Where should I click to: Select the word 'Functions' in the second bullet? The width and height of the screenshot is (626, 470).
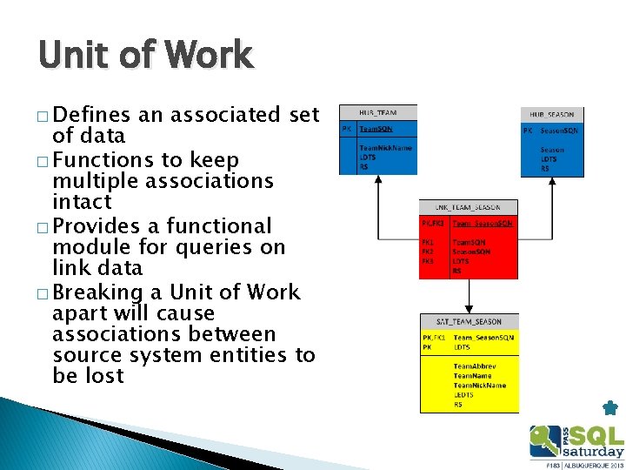click(x=103, y=160)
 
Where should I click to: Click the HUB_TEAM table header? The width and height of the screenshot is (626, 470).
click(x=378, y=112)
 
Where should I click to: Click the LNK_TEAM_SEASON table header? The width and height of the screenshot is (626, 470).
click(x=469, y=207)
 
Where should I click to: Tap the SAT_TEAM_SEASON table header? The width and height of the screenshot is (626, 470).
click(x=469, y=322)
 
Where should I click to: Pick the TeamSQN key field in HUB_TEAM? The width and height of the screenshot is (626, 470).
click(x=376, y=128)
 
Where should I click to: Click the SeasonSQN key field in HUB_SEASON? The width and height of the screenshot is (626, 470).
click(x=559, y=131)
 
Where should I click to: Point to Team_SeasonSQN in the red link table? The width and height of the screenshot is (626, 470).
click(x=483, y=224)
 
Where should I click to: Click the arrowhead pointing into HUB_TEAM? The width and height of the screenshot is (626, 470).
click(x=378, y=181)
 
